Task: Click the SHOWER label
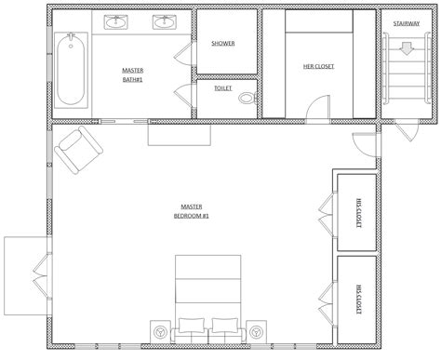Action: pyautogui.click(x=223, y=44)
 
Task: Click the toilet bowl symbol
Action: pyautogui.click(x=247, y=97)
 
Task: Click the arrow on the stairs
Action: pyautogui.click(x=407, y=47)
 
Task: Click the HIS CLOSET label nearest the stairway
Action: pyautogui.click(x=357, y=212)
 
